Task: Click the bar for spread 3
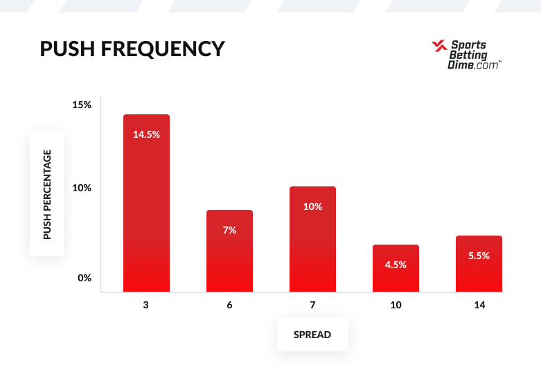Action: click(x=146, y=208)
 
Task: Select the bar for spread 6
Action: click(x=229, y=256)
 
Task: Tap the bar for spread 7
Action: click(x=312, y=243)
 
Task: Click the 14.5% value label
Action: click(x=146, y=134)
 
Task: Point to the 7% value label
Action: click(x=229, y=230)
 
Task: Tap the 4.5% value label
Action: click(x=396, y=265)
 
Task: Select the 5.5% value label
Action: click(x=479, y=256)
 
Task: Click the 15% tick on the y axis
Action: click(x=82, y=105)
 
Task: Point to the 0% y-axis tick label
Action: click(x=85, y=278)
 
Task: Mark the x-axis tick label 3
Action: click(x=146, y=305)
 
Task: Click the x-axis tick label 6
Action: click(x=229, y=305)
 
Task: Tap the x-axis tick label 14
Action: click(x=479, y=305)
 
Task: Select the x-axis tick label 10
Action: click(x=396, y=305)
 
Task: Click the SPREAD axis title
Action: click(x=312, y=335)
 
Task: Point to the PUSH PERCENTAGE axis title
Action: click(x=47, y=195)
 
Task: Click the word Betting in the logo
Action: click(x=469, y=55)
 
